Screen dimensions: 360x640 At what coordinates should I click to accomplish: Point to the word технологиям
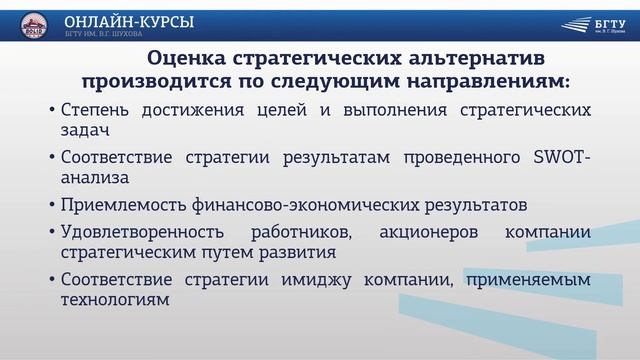[x=112, y=299]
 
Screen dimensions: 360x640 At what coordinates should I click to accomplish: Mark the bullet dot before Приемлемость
[x=52, y=206]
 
